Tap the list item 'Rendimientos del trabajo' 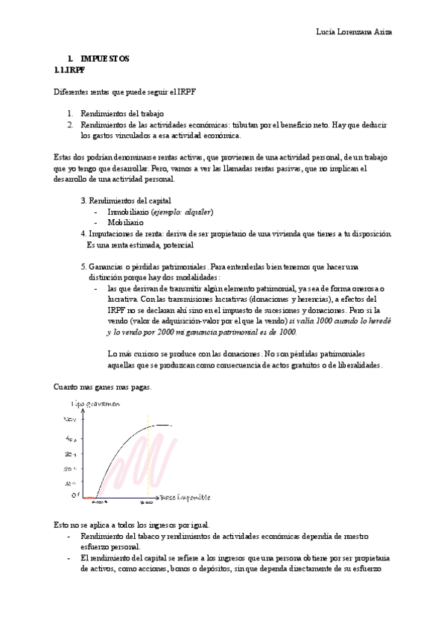tap(121, 113)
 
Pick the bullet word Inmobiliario tap(128, 212)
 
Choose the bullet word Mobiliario tap(125, 222)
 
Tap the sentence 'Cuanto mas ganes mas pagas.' tap(104, 387)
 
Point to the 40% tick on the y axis tap(69, 438)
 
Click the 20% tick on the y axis tap(69, 468)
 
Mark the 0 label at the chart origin tap(74, 494)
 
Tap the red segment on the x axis tap(89, 497)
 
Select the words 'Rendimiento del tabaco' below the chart tap(118, 536)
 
